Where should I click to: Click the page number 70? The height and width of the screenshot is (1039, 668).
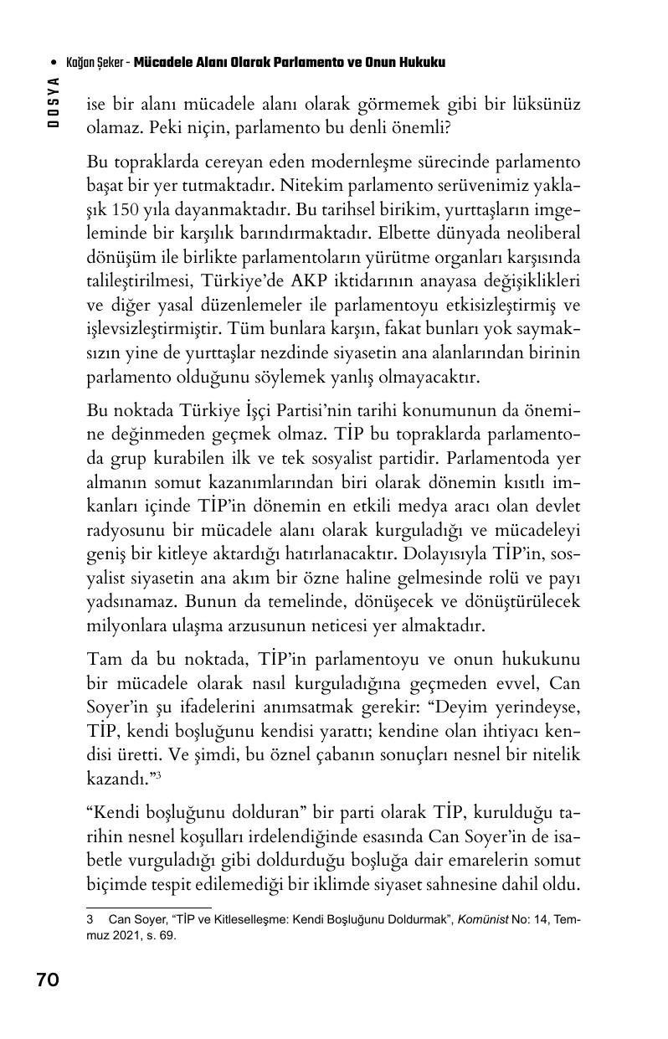[x=48, y=979]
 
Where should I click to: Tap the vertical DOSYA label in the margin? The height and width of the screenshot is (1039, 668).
[x=54, y=102]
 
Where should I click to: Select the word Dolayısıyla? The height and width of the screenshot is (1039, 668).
[x=456, y=553]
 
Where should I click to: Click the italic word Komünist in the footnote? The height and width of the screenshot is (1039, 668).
[x=484, y=919]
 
